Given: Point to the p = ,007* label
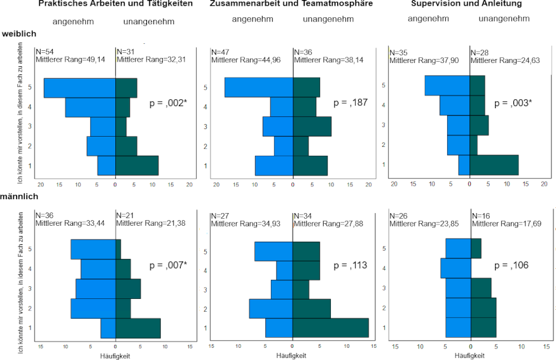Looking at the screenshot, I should tap(168, 265).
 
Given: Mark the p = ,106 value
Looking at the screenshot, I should tap(513, 265).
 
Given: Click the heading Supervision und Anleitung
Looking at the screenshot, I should tap(466, 4).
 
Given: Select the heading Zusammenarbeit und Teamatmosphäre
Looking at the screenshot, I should tap(291, 4).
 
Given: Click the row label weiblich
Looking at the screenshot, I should tap(19, 33).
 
